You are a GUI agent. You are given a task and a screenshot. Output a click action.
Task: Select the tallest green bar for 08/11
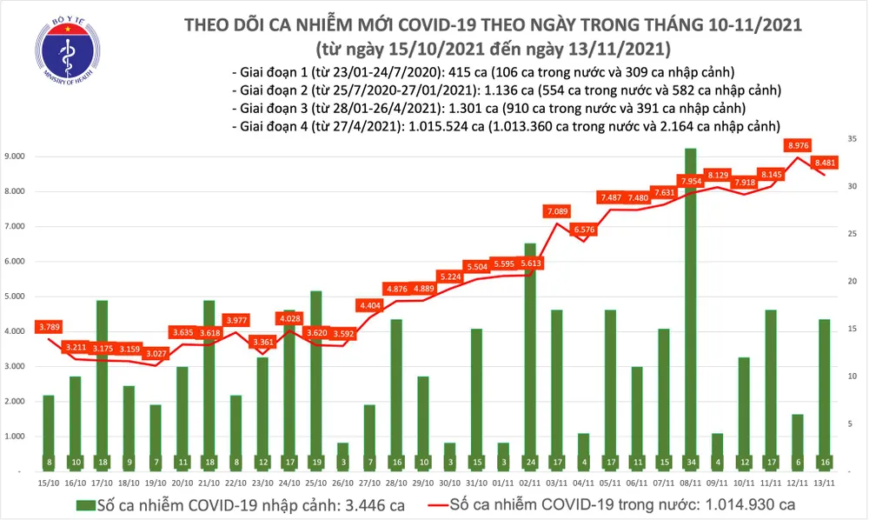pyautogui.click(x=690, y=309)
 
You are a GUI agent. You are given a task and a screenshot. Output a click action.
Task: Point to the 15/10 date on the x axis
pyautogui.click(x=50, y=482)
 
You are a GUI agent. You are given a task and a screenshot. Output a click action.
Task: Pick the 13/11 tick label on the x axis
pyautogui.click(x=825, y=482)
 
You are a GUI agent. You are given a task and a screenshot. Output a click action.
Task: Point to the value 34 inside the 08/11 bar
pyautogui.click(x=690, y=461)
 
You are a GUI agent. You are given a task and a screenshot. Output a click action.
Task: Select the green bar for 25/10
pyautogui.click(x=316, y=380)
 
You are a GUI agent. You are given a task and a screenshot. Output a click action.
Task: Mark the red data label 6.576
pyautogui.click(x=584, y=230)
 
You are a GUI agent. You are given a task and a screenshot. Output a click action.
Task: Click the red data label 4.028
pyautogui.click(x=290, y=318)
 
